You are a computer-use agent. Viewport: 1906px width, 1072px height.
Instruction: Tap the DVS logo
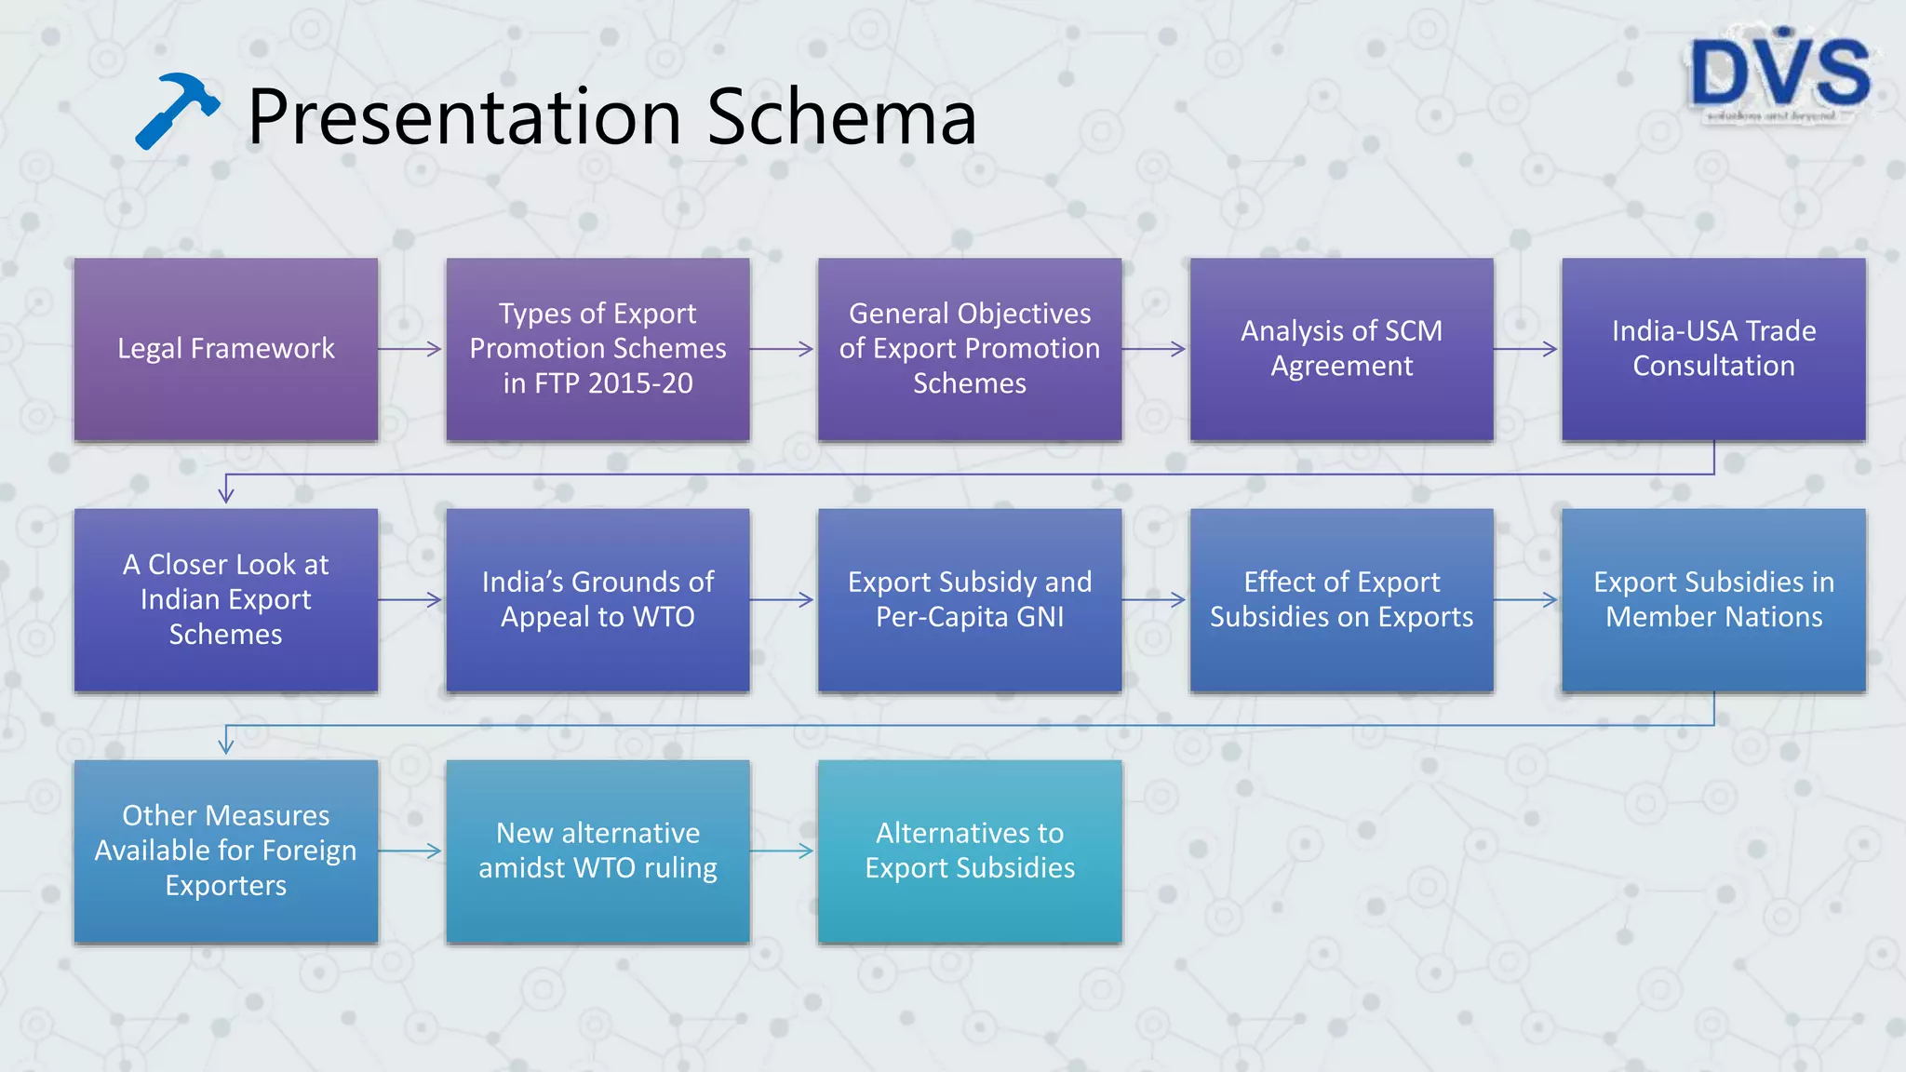point(1779,74)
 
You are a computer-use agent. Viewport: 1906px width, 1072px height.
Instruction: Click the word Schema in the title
point(841,117)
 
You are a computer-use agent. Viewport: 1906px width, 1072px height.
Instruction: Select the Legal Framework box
point(226,349)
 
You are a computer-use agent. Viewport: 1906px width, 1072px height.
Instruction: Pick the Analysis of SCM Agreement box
point(1341,349)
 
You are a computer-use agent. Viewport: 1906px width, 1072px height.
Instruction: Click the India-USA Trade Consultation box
point(1713,349)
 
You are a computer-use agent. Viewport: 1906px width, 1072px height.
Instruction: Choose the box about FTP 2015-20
point(597,349)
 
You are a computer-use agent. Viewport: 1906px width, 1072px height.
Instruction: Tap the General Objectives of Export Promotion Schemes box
point(969,349)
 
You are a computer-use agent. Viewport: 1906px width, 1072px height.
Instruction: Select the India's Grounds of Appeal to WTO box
point(597,599)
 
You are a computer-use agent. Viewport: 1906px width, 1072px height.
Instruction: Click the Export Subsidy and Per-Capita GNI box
point(969,599)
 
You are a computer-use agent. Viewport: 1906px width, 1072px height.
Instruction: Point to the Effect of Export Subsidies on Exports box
point(1341,599)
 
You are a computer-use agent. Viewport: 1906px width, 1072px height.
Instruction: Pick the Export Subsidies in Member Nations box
point(1713,599)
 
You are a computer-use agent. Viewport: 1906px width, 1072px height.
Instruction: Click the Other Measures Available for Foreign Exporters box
point(226,851)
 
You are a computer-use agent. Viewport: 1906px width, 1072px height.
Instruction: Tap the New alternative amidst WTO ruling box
point(597,851)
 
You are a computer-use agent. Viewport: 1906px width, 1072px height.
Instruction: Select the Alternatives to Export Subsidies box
point(969,851)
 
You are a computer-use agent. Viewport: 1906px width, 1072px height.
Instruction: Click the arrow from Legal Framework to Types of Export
point(411,349)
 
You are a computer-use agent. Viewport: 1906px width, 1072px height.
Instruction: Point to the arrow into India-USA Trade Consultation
point(1527,349)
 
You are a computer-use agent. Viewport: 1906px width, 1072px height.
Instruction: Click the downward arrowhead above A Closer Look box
point(226,493)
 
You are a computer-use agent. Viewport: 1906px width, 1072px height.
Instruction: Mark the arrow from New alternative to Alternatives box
point(783,851)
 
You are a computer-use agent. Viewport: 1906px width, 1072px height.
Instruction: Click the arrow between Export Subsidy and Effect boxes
point(1155,599)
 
